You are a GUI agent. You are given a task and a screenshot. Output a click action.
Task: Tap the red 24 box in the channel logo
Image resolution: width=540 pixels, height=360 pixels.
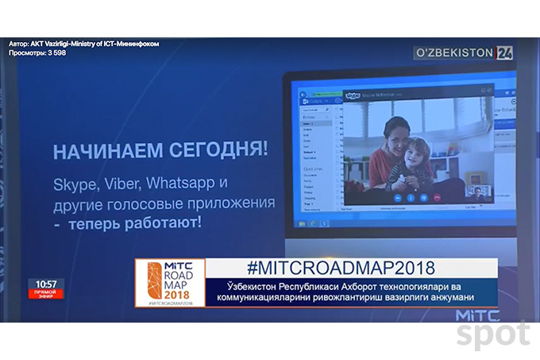coord(505,53)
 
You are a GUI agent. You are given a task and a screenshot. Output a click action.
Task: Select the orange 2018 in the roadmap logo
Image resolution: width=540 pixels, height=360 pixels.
coord(169,293)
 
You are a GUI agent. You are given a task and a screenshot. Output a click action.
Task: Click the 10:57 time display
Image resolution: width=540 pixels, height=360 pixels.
coord(46,284)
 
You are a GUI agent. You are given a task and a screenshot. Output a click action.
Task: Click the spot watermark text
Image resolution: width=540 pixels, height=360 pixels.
coord(492,335)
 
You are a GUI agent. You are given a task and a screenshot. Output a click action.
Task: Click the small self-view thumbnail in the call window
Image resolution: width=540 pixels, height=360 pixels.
coord(480,191)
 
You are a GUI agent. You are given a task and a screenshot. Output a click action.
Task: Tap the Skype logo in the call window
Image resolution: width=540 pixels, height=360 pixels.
coord(353,95)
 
